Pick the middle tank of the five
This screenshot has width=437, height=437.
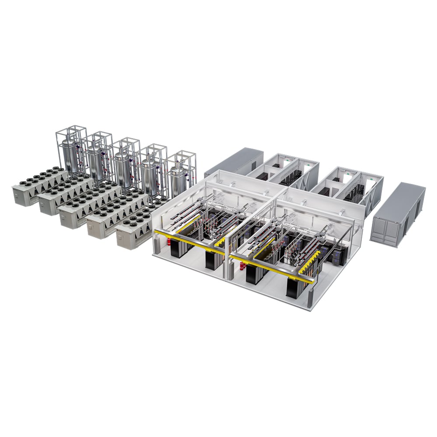coord(123,169)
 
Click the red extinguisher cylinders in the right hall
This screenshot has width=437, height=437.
coord(243,265)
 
